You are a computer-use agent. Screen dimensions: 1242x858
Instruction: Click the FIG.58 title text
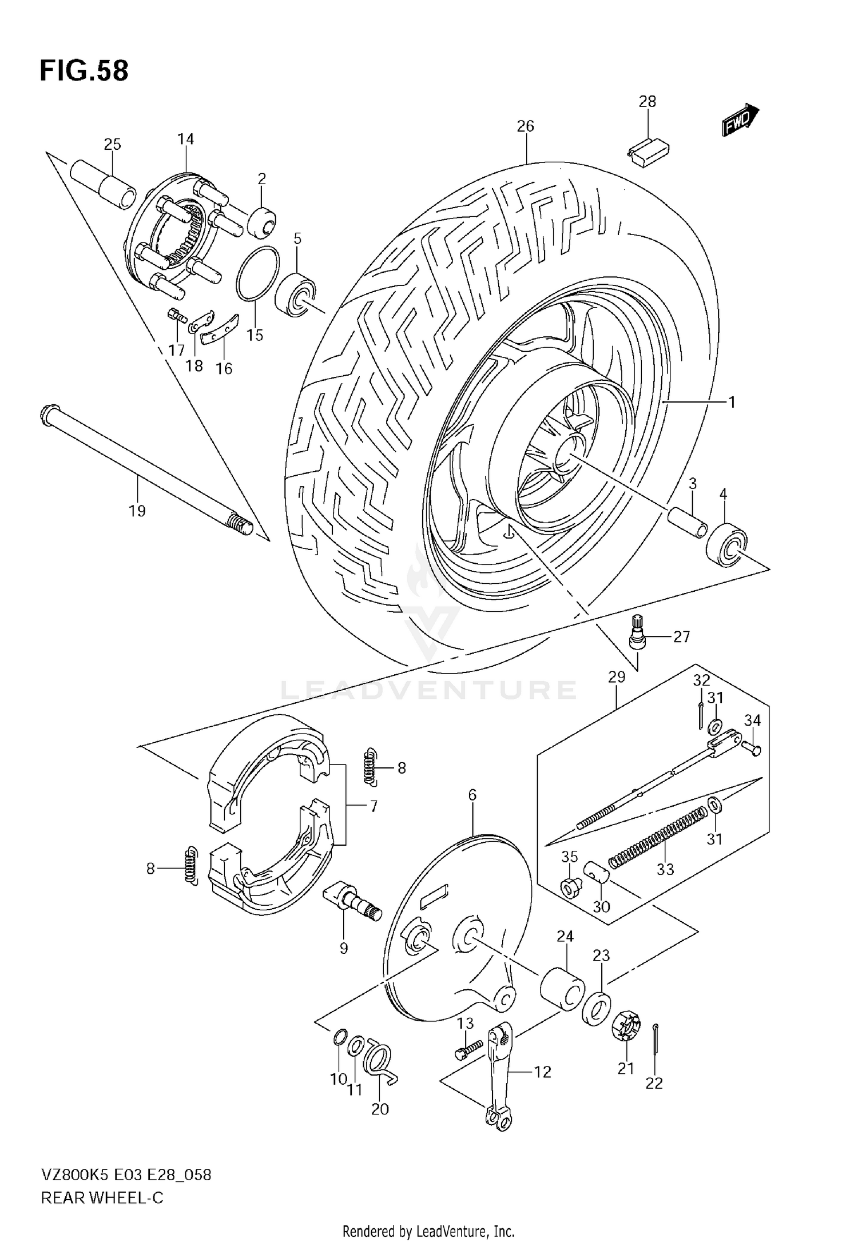point(84,71)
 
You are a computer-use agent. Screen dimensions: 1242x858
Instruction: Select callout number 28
point(647,102)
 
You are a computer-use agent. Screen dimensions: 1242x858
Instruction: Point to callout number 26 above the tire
point(525,126)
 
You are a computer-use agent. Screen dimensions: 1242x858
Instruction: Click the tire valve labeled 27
point(637,634)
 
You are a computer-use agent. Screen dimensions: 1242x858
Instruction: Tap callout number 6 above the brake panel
point(472,795)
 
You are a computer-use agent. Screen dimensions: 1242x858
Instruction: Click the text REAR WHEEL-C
point(102,1197)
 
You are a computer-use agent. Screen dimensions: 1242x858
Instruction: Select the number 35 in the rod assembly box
point(569,856)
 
